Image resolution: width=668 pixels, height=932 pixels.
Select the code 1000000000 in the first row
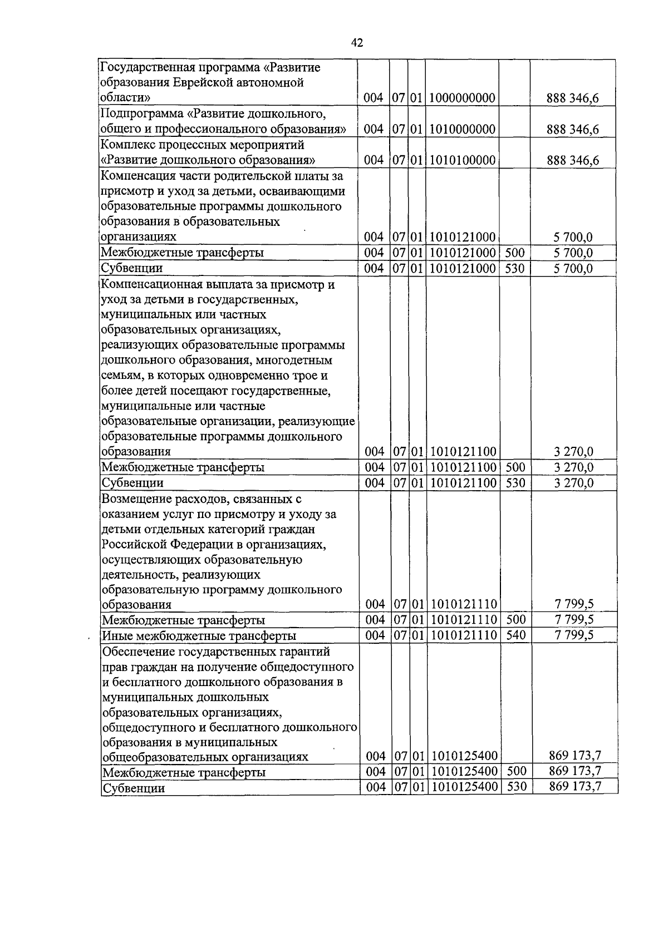[x=462, y=98]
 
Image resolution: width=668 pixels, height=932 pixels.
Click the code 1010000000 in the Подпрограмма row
[x=462, y=130]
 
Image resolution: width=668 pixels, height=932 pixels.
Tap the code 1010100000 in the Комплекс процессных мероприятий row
[x=462, y=160]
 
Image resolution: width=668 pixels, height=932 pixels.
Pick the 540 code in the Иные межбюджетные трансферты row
[x=516, y=635]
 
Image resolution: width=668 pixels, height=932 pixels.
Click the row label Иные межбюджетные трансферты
[x=199, y=635]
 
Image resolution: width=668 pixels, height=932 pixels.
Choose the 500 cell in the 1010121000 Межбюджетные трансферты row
[x=515, y=253]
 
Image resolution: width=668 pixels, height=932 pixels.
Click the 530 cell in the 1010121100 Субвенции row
[x=516, y=482]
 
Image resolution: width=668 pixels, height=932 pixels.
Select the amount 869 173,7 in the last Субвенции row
[x=575, y=787]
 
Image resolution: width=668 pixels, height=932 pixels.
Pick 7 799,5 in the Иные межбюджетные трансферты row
[x=574, y=635]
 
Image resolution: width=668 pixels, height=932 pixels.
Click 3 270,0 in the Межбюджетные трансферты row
[x=574, y=467]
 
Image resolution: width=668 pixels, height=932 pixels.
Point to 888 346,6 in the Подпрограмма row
[x=573, y=130]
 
